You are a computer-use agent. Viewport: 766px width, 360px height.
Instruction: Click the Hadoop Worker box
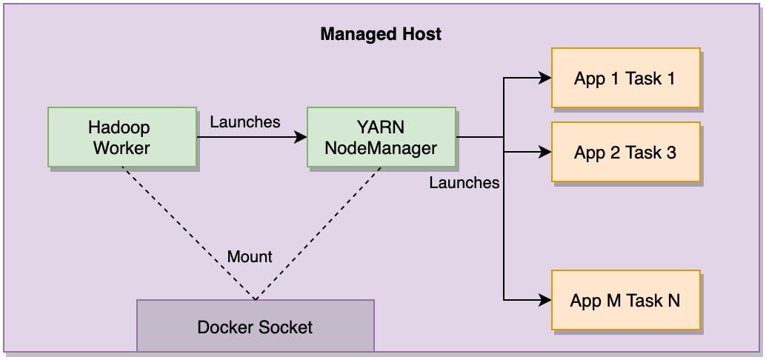[x=122, y=137]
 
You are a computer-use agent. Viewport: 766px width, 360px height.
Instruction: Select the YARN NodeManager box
[x=382, y=137]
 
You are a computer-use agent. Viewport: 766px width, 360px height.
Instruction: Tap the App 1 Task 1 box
[x=625, y=78]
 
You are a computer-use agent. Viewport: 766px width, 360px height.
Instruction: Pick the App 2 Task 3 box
[x=625, y=153]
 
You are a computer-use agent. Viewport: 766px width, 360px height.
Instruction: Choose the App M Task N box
[x=625, y=300]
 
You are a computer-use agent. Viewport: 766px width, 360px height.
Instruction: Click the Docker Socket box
[x=256, y=326]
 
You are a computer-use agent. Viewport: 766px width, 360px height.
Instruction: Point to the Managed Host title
[x=381, y=34]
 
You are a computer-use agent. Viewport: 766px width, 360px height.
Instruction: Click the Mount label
[x=250, y=257]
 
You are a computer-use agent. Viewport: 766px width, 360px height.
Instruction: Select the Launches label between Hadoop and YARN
[x=245, y=121]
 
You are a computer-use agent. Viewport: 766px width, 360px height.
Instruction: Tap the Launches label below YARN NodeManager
[x=464, y=181]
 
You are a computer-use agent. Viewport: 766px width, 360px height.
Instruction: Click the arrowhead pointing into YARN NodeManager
[x=302, y=137]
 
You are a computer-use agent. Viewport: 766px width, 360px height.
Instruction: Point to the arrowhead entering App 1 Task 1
[x=545, y=78]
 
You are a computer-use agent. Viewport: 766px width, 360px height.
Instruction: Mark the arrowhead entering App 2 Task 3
[x=545, y=153]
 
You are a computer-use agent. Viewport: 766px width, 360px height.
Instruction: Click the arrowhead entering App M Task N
[x=545, y=300]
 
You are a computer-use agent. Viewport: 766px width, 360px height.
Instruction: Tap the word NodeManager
[x=382, y=147]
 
